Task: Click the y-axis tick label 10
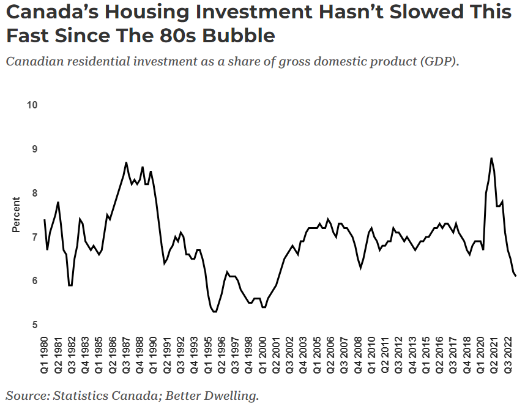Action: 32,105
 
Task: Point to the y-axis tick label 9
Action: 35,149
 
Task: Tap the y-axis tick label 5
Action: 35,325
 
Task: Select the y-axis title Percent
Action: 16,215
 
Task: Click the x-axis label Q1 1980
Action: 45,355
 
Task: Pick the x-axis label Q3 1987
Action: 127,355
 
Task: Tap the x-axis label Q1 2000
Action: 263,355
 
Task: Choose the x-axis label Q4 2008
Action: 358,355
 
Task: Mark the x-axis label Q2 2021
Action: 494,355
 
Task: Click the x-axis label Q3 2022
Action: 508,355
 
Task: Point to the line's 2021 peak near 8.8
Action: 491,158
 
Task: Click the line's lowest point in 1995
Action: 215,312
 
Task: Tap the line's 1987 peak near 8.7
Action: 126,163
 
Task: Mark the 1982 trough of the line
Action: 70,285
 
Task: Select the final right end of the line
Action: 516,276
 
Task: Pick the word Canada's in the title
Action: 51,12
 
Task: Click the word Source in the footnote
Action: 28,396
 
